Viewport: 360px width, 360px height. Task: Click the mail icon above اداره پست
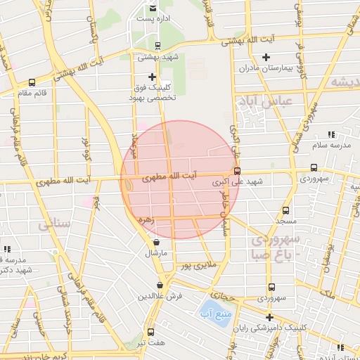click(153, 8)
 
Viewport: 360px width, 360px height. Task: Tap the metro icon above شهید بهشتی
click(157, 45)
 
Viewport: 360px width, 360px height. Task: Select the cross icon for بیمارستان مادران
click(266, 57)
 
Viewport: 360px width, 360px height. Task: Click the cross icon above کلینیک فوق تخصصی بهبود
click(152, 76)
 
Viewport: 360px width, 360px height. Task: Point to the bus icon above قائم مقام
click(32, 82)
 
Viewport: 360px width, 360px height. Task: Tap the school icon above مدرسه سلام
click(331, 134)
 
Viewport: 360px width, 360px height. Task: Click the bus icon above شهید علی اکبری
click(237, 171)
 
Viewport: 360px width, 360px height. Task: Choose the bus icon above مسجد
click(285, 210)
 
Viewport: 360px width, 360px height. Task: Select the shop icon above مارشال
click(156, 242)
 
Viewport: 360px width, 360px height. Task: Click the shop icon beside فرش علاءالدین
click(161, 285)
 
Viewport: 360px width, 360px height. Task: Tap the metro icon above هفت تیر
click(150, 332)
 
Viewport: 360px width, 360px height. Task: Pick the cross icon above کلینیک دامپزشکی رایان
click(269, 317)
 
